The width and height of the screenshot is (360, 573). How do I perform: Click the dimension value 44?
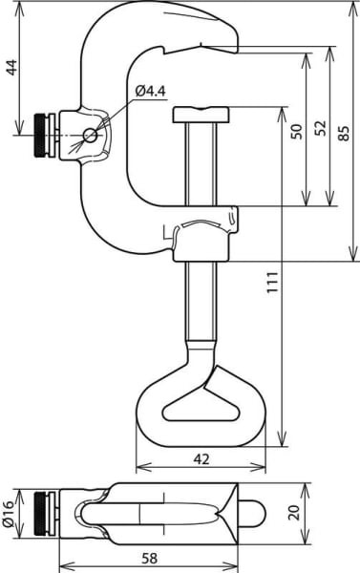pos(12,67)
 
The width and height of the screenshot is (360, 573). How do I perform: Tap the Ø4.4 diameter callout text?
pos(151,91)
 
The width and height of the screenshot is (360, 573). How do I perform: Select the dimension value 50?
pos(297,132)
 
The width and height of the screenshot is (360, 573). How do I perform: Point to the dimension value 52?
pos(321,128)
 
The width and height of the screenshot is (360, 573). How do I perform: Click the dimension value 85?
pos(345,133)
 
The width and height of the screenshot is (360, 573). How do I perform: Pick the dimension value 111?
pos(272,282)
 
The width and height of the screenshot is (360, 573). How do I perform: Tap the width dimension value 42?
pos(201,459)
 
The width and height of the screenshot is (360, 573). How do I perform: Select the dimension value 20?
pos(295,513)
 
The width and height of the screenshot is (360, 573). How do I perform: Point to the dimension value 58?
pos(150,558)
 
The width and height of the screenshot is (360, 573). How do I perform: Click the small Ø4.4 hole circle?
pos(90,136)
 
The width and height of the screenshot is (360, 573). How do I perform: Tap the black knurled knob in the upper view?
pos(40,136)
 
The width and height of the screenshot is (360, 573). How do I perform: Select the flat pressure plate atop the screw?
pos(201,115)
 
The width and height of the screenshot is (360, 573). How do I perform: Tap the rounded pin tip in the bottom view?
pos(252,514)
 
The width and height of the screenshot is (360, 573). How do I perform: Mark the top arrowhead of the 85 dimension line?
pos(353,10)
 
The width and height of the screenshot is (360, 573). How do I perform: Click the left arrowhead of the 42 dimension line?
pos(143,467)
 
